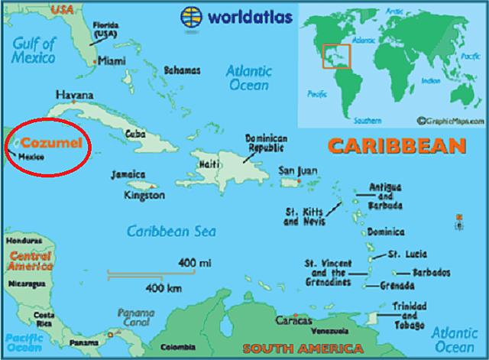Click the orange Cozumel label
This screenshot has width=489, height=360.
(x=51, y=143)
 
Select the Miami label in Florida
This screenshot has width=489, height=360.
(x=112, y=61)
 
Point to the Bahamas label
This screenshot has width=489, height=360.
(x=183, y=71)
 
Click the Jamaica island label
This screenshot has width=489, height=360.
(x=128, y=174)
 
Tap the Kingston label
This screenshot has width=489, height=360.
(x=144, y=196)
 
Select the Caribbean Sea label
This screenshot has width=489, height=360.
(x=171, y=232)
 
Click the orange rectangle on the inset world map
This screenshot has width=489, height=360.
(x=336, y=55)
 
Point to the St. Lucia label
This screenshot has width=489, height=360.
(x=407, y=254)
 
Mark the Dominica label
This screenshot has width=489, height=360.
(x=386, y=232)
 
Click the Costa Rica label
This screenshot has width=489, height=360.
(x=44, y=319)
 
